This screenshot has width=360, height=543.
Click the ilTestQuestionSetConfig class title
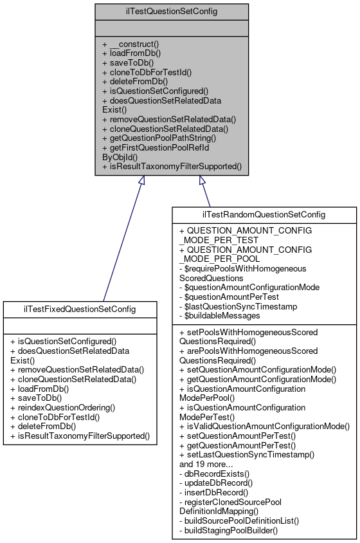172,11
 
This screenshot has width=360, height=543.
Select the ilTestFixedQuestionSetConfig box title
80,309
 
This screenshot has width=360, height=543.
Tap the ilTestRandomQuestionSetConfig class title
264,214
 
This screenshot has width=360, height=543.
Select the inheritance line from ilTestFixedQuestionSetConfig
122,244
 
